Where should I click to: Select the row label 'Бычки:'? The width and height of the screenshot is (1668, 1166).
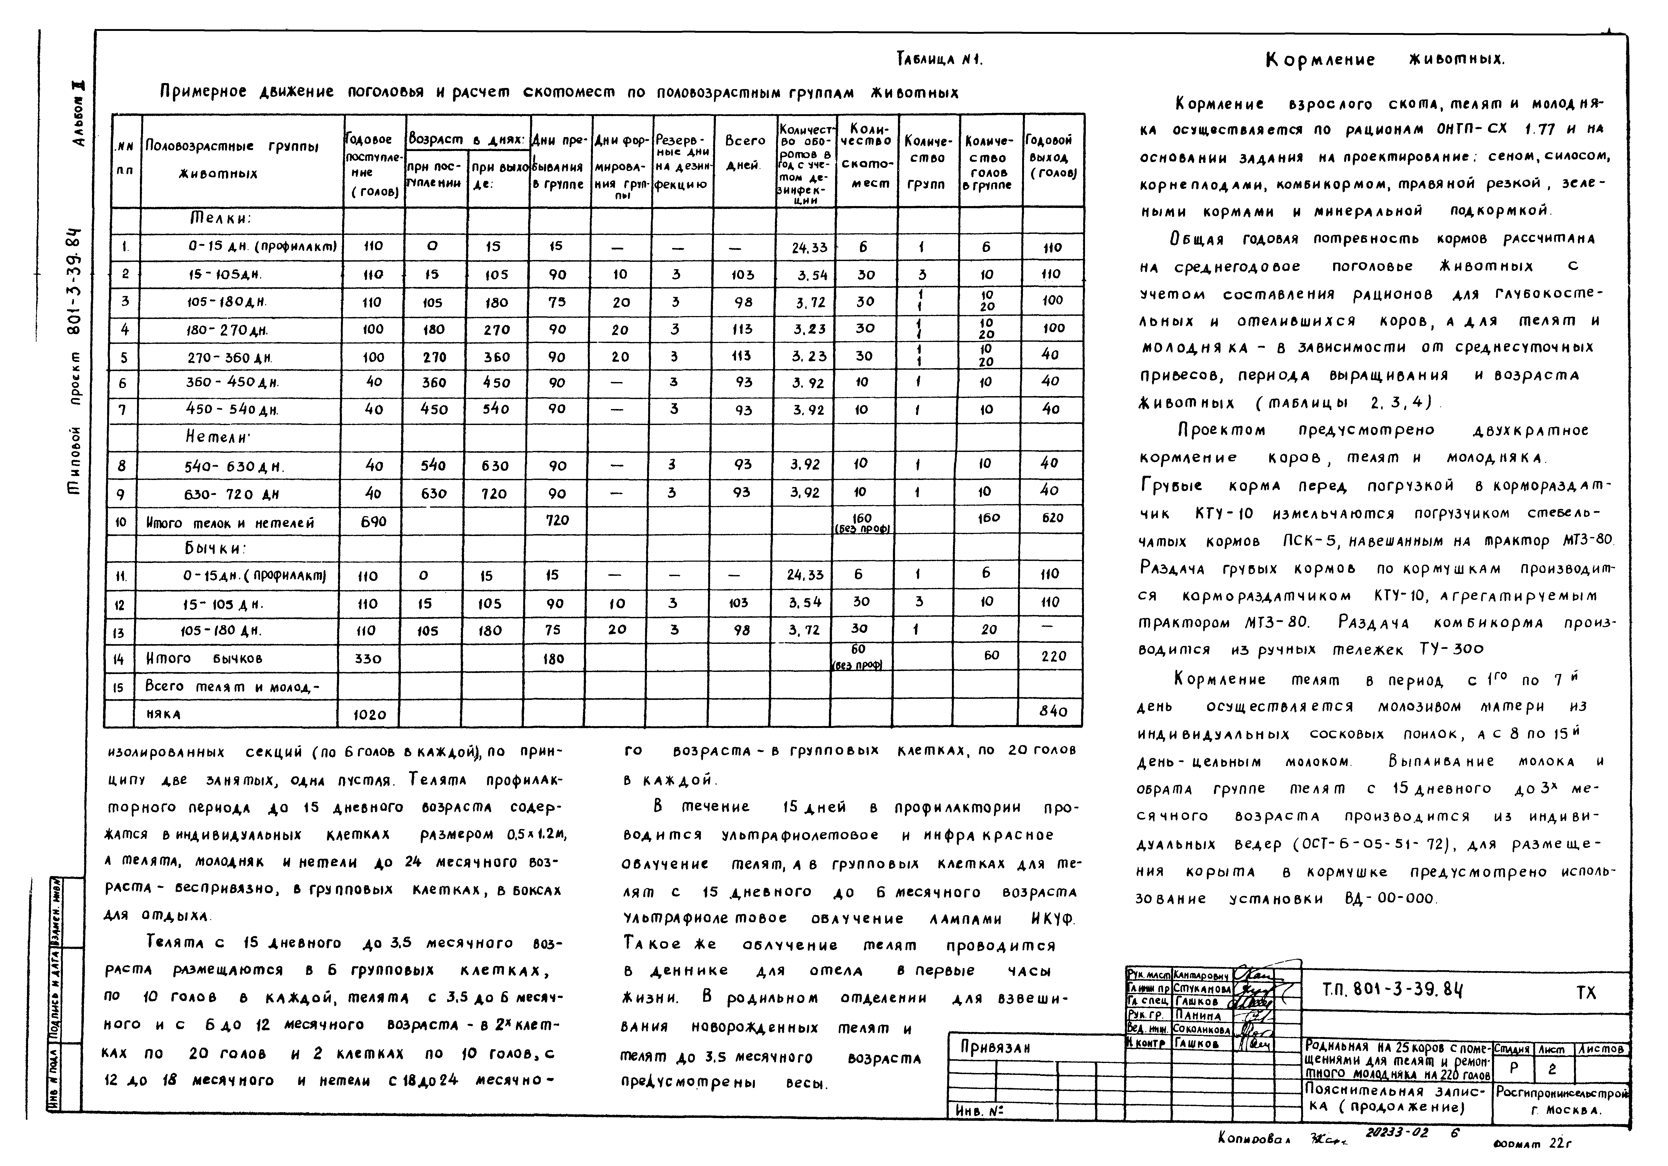[216, 548]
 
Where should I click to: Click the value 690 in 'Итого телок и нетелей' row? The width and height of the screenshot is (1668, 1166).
[373, 521]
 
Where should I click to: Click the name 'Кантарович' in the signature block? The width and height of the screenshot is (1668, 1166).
[1202, 976]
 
